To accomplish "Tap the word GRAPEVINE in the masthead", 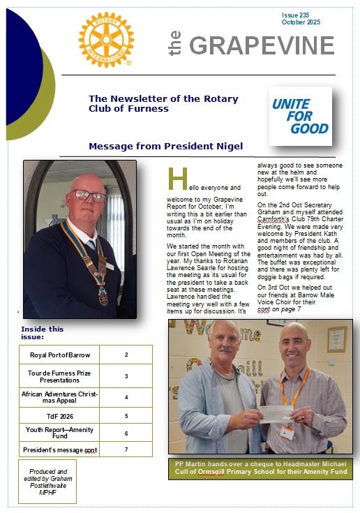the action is pos(262,45).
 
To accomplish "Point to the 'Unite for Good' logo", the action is pos(301,116).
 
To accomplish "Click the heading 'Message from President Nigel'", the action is pos(166,146).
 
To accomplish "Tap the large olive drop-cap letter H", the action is pos(177,179).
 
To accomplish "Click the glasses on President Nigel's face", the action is pos(89,195).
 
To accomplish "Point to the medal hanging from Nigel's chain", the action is pos(103,297).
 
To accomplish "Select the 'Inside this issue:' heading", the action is pos(42,332).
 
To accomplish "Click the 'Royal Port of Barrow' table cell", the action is pos(59,355).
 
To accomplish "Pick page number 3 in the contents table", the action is pos(126,376).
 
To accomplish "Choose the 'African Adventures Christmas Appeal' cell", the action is pos(59,397).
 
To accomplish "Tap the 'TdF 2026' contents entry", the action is pos(59,416).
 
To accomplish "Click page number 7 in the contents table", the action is pos(126,449).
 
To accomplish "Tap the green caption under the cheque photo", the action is pos(260,468).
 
